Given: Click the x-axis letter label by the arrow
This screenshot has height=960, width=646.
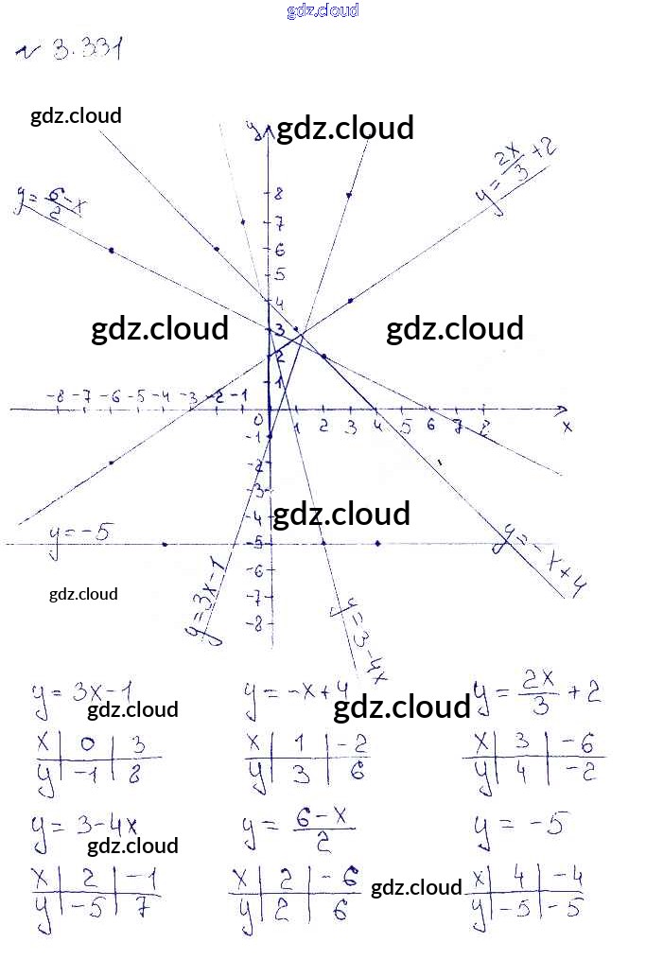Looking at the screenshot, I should (567, 427).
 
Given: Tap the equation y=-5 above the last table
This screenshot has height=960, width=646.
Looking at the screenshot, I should (518, 827).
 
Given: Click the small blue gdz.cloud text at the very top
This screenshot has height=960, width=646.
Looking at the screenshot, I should (323, 10).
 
